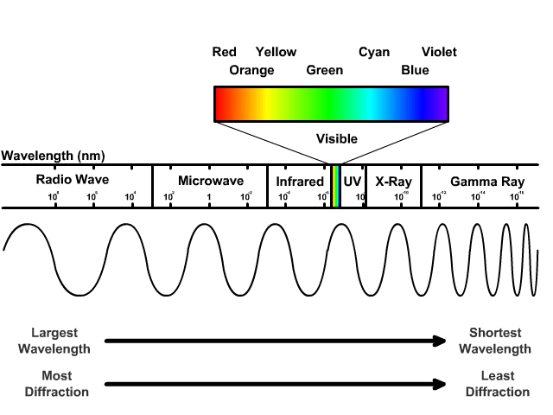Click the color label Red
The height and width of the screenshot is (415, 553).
[x=225, y=52]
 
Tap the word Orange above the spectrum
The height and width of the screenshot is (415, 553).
[x=251, y=70]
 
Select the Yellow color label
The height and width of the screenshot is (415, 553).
[x=276, y=52]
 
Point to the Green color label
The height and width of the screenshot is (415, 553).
[x=325, y=70]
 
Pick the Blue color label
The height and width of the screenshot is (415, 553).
[x=415, y=70]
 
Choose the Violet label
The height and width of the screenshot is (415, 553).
[x=439, y=52]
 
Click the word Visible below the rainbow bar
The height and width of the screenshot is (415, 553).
[x=337, y=138]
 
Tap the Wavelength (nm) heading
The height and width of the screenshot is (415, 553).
[x=54, y=156]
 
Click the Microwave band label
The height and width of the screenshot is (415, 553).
[x=211, y=181]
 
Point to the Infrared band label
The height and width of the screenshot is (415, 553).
[x=299, y=182]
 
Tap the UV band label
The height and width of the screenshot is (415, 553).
[x=353, y=181]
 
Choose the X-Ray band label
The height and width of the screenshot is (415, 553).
[x=393, y=181]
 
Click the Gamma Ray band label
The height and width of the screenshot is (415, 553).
[x=487, y=182]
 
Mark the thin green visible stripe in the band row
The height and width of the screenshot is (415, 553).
[x=335, y=186]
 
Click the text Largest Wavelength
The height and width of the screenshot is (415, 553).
[x=60, y=341]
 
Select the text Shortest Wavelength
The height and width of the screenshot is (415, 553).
[x=495, y=341]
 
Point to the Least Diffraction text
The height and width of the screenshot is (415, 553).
[x=497, y=384]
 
